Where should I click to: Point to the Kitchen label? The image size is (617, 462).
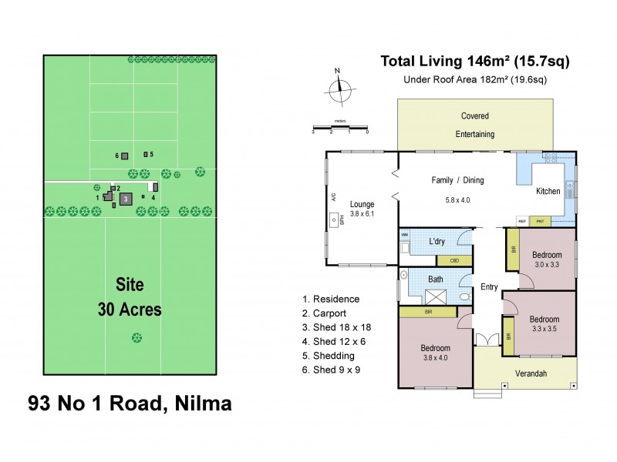pyautogui.click(x=548, y=191)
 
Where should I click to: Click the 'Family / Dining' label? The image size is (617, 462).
pyautogui.click(x=457, y=180)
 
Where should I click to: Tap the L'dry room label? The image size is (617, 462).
pyautogui.click(x=437, y=242)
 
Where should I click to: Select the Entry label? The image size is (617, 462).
pyautogui.click(x=489, y=287)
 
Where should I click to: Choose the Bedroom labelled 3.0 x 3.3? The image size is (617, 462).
pyautogui.click(x=546, y=259)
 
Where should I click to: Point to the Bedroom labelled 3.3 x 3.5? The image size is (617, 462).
pyautogui.click(x=545, y=323)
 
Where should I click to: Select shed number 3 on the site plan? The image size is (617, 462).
pyautogui.click(x=126, y=199)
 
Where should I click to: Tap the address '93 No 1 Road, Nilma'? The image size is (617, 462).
pyautogui.click(x=130, y=403)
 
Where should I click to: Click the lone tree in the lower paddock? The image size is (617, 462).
pyautogui.click(x=137, y=336)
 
